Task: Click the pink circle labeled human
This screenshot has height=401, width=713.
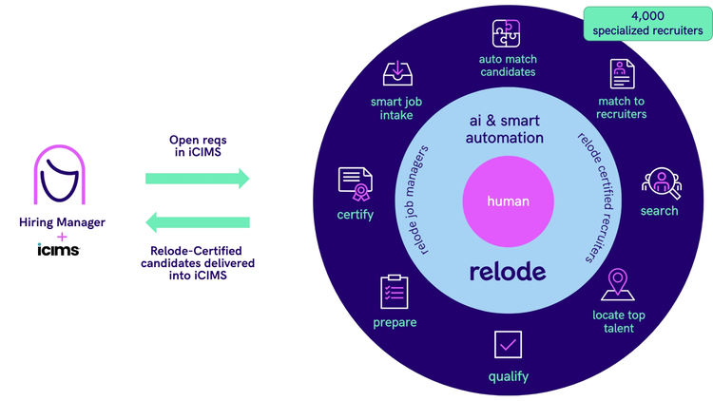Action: [x=508, y=201]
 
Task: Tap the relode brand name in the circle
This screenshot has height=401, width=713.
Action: [x=508, y=271]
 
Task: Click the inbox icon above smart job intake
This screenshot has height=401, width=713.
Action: [x=396, y=73]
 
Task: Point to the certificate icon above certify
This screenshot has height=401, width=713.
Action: [x=355, y=183]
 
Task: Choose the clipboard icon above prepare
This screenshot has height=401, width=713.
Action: [x=394, y=291]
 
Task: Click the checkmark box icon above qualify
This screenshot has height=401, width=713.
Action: [x=508, y=344]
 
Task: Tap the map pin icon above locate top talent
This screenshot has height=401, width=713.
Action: [x=616, y=284]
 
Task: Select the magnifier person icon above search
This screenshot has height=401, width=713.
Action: [x=658, y=181]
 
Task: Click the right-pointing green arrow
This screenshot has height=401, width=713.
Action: [x=197, y=178]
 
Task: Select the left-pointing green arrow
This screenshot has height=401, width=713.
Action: [x=197, y=222]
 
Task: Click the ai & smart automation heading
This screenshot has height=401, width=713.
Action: [x=506, y=129]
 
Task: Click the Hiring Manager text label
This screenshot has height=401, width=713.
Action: [x=62, y=222]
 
